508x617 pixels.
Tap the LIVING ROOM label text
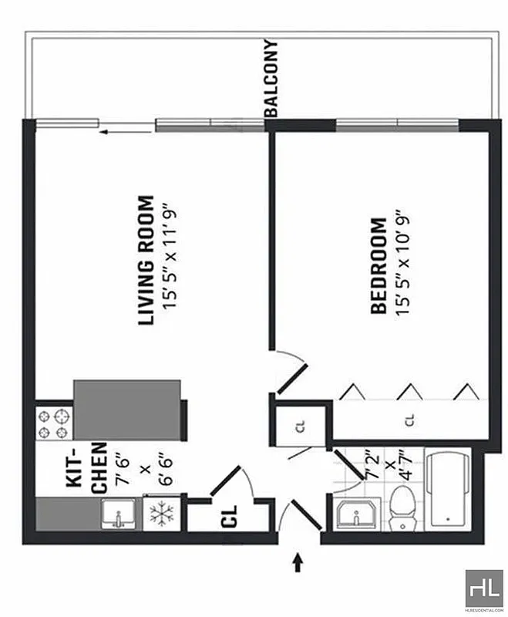[146, 261]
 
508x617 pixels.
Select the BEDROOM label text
[378, 266]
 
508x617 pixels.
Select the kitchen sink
[119, 514]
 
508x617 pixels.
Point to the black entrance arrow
[298, 562]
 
